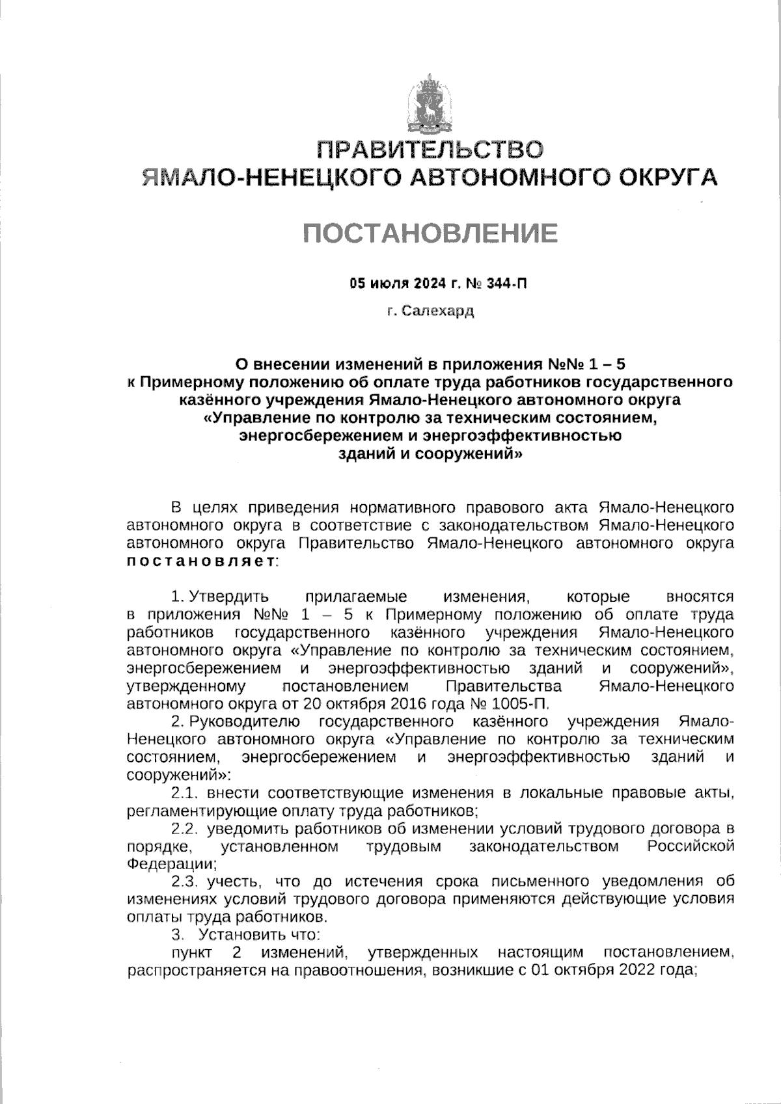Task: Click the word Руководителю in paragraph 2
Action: coord(245,721)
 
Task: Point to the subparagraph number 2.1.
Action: coord(185,793)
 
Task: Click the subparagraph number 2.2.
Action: coord(185,829)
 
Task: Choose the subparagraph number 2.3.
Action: coord(185,882)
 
